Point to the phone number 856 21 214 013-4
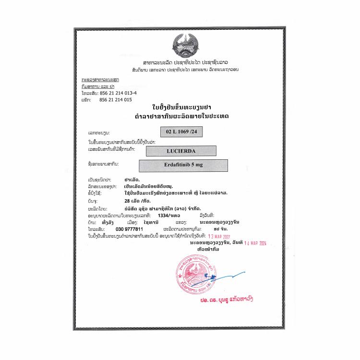[x=118, y=93]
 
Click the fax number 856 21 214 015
[x=115, y=99]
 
